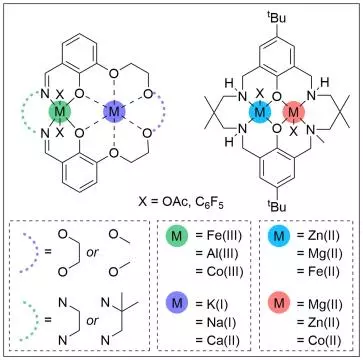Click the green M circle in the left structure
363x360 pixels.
coord(60,112)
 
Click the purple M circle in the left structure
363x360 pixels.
coord(114,112)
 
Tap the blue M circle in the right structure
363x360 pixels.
coord(259,113)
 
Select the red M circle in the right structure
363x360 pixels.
coord(293,113)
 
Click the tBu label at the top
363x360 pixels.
coord(276,17)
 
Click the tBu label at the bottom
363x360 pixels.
coord(276,206)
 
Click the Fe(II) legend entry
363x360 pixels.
coord(319,272)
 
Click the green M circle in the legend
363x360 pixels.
coord(177,236)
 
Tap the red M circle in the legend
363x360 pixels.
coord(279,304)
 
